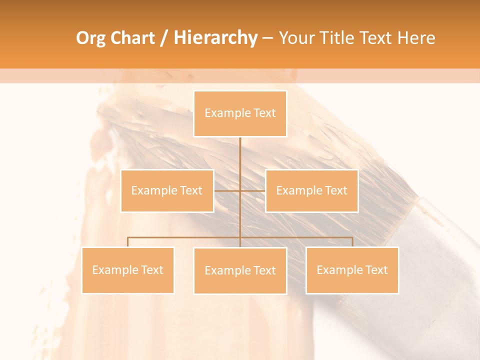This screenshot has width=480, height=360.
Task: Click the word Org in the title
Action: [x=89, y=38]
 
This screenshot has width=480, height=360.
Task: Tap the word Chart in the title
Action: [x=130, y=38]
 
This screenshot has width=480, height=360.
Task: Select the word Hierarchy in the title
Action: [x=215, y=38]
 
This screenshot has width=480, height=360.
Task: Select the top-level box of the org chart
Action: [x=240, y=113]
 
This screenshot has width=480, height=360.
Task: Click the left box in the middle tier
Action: [x=167, y=190]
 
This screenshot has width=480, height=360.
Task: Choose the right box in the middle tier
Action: [x=311, y=190]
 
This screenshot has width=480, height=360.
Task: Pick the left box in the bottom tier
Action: [x=128, y=270]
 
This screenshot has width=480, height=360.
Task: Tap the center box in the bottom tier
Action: [x=240, y=270]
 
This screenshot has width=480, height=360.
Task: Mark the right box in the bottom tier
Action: [x=352, y=270]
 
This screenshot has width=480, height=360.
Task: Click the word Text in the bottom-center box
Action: [x=264, y=270]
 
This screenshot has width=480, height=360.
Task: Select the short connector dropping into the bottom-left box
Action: [x=128, y=242]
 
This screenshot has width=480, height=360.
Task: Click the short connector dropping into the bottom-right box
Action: [x=352, y=242]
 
